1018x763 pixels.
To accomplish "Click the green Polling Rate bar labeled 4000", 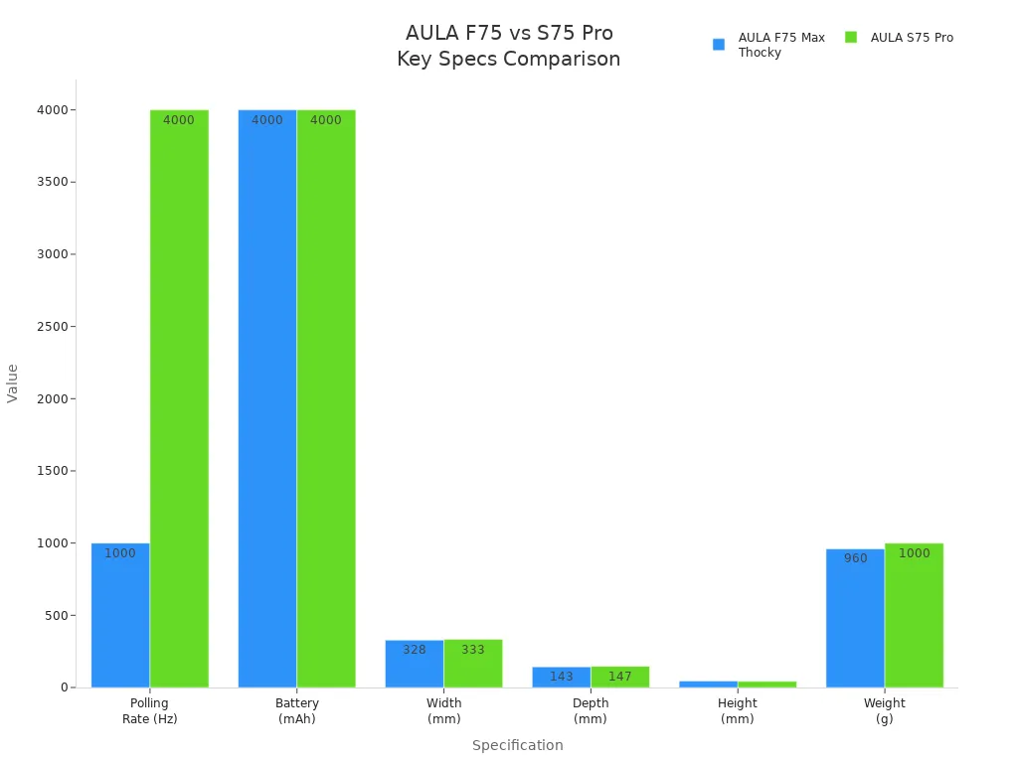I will tap(179, 397).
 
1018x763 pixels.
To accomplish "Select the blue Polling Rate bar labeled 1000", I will tap(120, 615).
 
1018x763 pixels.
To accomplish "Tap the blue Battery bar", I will tap(266, 397).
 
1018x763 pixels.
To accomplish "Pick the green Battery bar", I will tap(326, 397).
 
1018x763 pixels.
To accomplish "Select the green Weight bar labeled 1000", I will tap(914, 615).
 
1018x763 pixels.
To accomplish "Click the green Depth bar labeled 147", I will tap(619, 677).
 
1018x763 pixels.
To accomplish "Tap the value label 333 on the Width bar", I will tap(473, 650).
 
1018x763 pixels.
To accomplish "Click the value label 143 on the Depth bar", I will tap(562, 677).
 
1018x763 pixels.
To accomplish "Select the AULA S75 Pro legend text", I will tap(912, 38).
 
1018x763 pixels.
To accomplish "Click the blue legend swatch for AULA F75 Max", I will tap(719, 45).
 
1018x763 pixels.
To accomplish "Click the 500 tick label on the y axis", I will tap(56, 615).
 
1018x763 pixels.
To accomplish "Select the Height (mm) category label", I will tap(737, 710).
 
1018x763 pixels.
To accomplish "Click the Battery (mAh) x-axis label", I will tap(296, 710).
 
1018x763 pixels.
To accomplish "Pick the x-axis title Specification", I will tap(517, 745).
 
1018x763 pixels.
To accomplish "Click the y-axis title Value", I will tap(13, 382).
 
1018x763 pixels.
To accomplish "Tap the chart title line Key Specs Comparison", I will tap(508, 60).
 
